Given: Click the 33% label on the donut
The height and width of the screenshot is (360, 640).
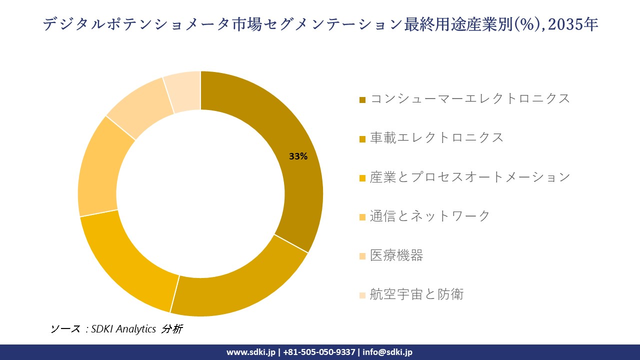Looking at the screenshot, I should [x=298, y=156].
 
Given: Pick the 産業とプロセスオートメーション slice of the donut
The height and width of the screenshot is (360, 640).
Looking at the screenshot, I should [x=130, y=265].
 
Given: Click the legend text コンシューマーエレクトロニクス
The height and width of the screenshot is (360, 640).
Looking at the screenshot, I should [x=470, y=98].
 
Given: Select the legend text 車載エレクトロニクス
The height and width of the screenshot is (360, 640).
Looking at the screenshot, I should [x=436, y=137].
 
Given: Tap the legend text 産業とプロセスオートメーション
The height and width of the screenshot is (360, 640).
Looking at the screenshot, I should [x=470, y=177].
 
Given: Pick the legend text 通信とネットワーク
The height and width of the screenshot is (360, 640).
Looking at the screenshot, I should [x=430, y=216].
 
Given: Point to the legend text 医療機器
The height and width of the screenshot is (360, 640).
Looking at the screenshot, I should [x=396, y=255].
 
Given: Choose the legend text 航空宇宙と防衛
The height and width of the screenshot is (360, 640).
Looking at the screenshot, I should [x=416, y=294].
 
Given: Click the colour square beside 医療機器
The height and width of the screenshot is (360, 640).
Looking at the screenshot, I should [x=362, y=256].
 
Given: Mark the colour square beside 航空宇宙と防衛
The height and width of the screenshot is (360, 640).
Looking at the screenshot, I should [x=362, y=295].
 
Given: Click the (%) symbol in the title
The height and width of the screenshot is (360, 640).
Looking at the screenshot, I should [x=524, y=24].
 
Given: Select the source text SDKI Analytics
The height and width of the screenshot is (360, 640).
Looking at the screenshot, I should [x=123, y=329].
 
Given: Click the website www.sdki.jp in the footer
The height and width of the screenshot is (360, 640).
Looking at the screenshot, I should [x=250, y=352].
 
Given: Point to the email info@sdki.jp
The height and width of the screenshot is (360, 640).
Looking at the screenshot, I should [x=387, y=352].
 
